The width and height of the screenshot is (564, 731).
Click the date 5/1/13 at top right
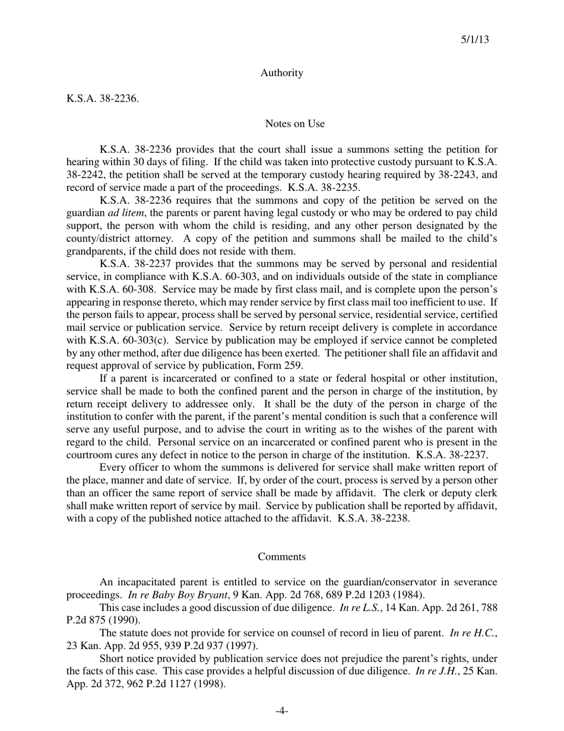pyautogui.click(x=475, y=40)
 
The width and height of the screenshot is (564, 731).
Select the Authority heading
pyautogui.click(x=281, y=73)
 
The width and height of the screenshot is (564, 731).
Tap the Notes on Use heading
pyautogui.click(x=294, y=124)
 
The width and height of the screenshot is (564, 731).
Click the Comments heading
pyautogui.click(x=281, y=557)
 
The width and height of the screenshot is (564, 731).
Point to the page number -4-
pyautogui.click(x=281, y=711)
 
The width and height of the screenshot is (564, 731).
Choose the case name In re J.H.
pyautogui.click(x=440, y=671)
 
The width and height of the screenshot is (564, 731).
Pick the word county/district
pyautogui.click(x=97, y=238)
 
